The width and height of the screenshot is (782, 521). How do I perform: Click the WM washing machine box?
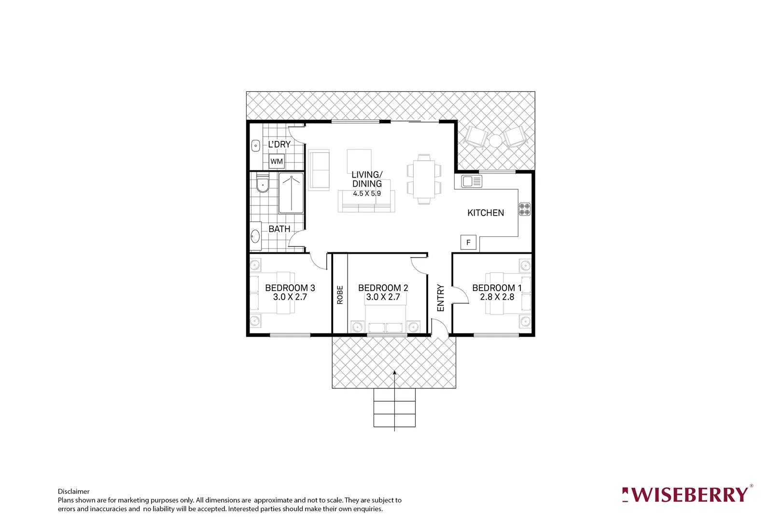(x=277, y=162)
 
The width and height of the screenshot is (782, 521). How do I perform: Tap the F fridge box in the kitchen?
(x=468, y=242)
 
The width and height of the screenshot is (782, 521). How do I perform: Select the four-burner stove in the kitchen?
(x=525, y=209)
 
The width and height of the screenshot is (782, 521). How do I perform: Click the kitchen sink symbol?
(x=472, y=181)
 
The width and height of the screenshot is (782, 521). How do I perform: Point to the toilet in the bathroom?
(x=262, y=183)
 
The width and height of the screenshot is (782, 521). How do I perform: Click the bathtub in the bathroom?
(x=291, y=193)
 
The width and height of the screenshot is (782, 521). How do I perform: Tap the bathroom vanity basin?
(x=255, y=236)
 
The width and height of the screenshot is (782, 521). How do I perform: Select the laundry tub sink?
(x=256, y=145)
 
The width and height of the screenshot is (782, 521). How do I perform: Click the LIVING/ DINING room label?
(x=367, y=179)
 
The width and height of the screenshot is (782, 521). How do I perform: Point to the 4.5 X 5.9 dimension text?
(x=367, y=193)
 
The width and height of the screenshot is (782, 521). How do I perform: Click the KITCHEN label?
(x=486, y=213)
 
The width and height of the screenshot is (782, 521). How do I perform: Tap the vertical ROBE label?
(x=340, y=295)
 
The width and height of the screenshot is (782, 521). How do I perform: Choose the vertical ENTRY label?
(x=440, y=298)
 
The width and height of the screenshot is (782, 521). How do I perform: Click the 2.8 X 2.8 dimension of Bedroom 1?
(x=497, y=297)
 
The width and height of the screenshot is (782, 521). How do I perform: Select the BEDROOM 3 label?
(x=290, y=288)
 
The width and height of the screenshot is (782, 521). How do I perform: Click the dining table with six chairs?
(x=424, y=179)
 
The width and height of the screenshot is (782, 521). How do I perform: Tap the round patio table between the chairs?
(x=495, y=140)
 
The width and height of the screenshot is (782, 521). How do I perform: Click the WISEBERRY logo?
(x=687, y=494)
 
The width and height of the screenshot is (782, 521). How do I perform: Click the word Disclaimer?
(x=74, y=492)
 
